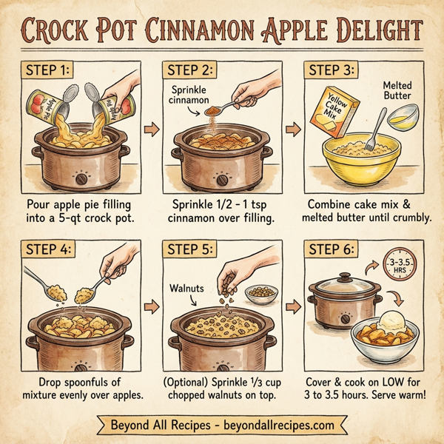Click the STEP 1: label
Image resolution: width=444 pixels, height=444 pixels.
click(x=48, y=72)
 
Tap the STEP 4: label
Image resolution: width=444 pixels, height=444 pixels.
click(x=49, y=251)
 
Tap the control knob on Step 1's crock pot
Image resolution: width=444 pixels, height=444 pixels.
click(x=80, y=178)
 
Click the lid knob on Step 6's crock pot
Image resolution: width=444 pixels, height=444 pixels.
click(x=345, y=277)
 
